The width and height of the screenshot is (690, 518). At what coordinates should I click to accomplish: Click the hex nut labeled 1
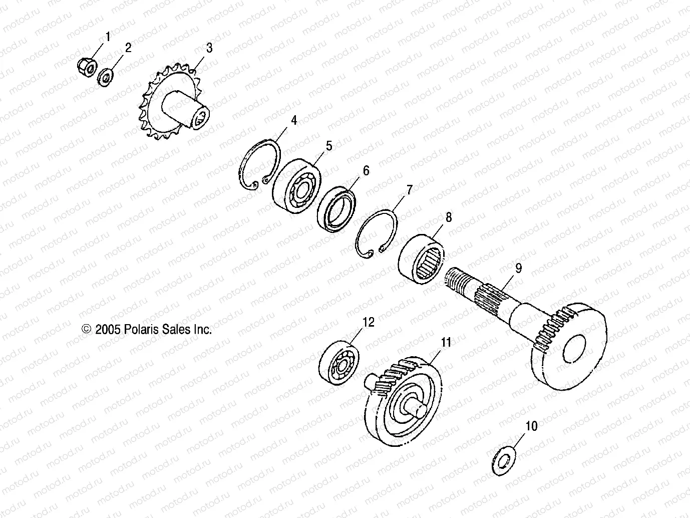[x=86, y=67]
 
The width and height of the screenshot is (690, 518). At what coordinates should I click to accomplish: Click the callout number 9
[x=518, y=268]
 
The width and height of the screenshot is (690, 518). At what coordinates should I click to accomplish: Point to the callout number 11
[x=446, y=342]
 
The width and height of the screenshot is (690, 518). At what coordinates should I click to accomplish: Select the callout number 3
[x=209, y=48]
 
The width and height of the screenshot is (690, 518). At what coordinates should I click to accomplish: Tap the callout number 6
[x=366, y=170]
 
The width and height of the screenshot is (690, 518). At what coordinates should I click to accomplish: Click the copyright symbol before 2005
[x=87, y=329]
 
